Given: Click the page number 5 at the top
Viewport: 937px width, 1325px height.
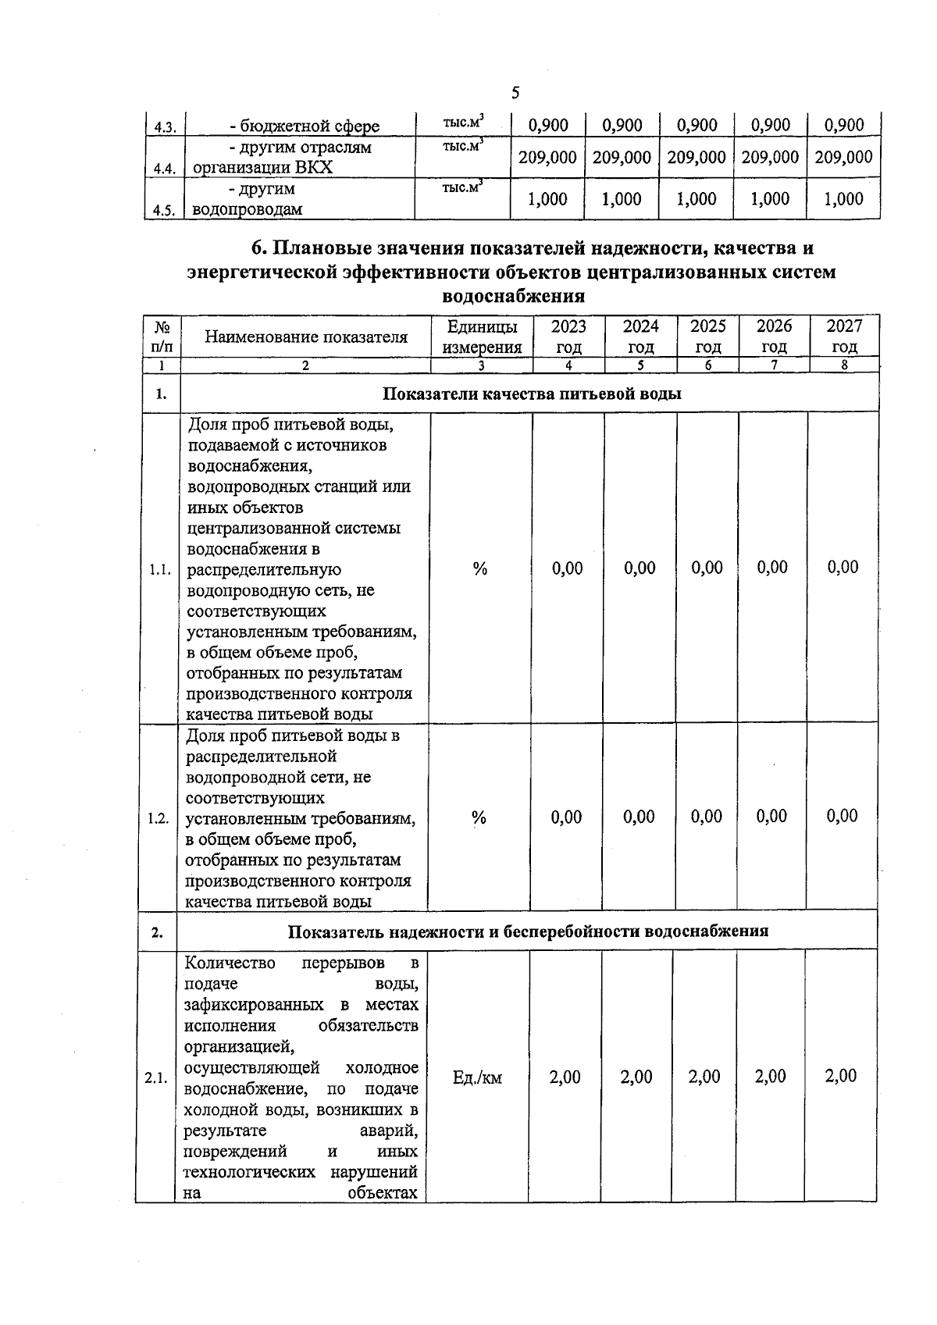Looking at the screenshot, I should tap(515, 93).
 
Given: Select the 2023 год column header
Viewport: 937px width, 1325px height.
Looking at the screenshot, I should tap(568, 337).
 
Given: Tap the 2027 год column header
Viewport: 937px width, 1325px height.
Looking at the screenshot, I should tap(844, 337).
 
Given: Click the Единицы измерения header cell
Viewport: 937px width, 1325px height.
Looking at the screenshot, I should tap(481, 337).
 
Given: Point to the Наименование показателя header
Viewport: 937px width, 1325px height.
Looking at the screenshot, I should tap(306, 337).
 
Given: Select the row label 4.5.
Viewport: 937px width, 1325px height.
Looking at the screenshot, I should tap(164, 210).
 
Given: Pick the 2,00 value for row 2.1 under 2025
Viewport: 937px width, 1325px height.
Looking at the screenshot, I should tap(704, 1077).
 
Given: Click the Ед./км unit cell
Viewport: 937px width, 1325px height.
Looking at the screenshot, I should tap(477, 1078).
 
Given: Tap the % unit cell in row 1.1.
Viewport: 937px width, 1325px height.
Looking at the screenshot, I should tap(480, 569).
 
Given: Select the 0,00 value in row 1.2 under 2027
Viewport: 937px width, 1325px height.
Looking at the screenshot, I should tap(842, 816).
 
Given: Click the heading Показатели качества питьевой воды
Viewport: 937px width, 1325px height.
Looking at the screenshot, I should tap(531, 394).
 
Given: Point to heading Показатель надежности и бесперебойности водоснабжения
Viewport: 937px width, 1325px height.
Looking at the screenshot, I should tap(528, 931).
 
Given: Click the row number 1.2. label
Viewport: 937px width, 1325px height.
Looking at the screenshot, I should tap(159, 818).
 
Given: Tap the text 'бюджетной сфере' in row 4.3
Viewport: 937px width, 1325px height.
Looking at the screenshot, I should tap(305, 126).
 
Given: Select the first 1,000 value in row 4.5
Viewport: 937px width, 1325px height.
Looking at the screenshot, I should tap(547, 199).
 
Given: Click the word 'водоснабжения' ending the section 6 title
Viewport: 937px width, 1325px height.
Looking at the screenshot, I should tap(513, 296).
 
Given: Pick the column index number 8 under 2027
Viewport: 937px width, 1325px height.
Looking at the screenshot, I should tap(844, 365).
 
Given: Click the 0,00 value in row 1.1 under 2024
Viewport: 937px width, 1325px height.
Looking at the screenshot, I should tap(640, 568).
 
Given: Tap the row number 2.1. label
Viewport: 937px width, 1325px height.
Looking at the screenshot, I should tap(155, 1078).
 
